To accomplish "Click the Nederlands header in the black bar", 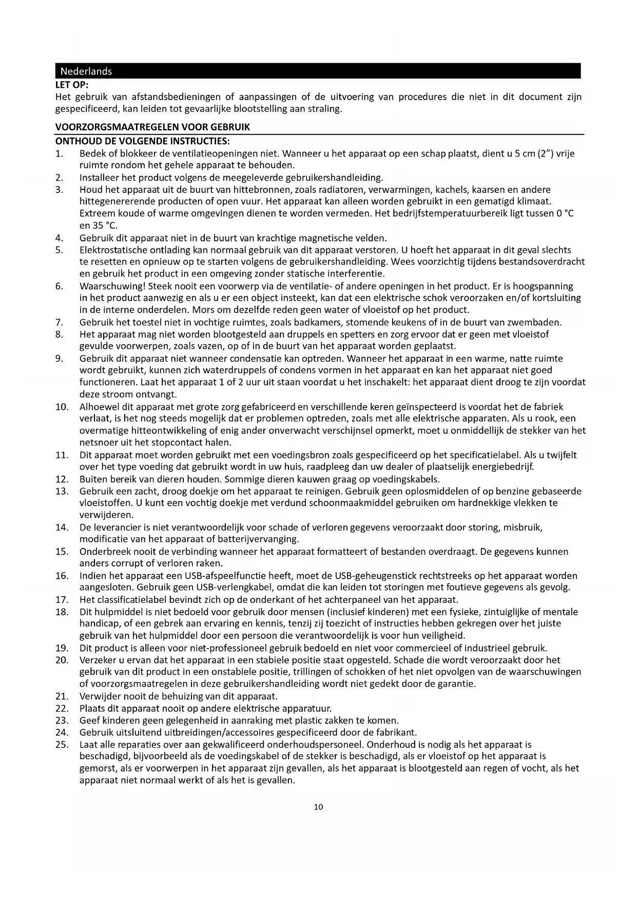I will [86, 71].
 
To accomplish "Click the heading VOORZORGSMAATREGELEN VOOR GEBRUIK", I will [152, 127].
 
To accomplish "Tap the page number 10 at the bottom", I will [318, 807].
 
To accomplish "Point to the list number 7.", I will [59, 322].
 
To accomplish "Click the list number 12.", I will [62, 479].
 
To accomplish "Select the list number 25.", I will [62, 744].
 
